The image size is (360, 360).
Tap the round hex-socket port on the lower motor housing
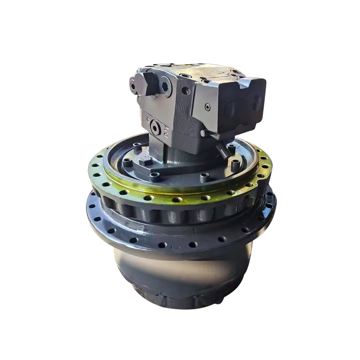coord(157,126)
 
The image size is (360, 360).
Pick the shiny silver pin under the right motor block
coord(203,134)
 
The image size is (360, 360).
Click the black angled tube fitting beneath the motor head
coord(221,148)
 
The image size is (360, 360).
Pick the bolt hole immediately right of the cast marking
coord(193,244)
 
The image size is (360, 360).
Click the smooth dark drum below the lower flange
coord(180,274)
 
